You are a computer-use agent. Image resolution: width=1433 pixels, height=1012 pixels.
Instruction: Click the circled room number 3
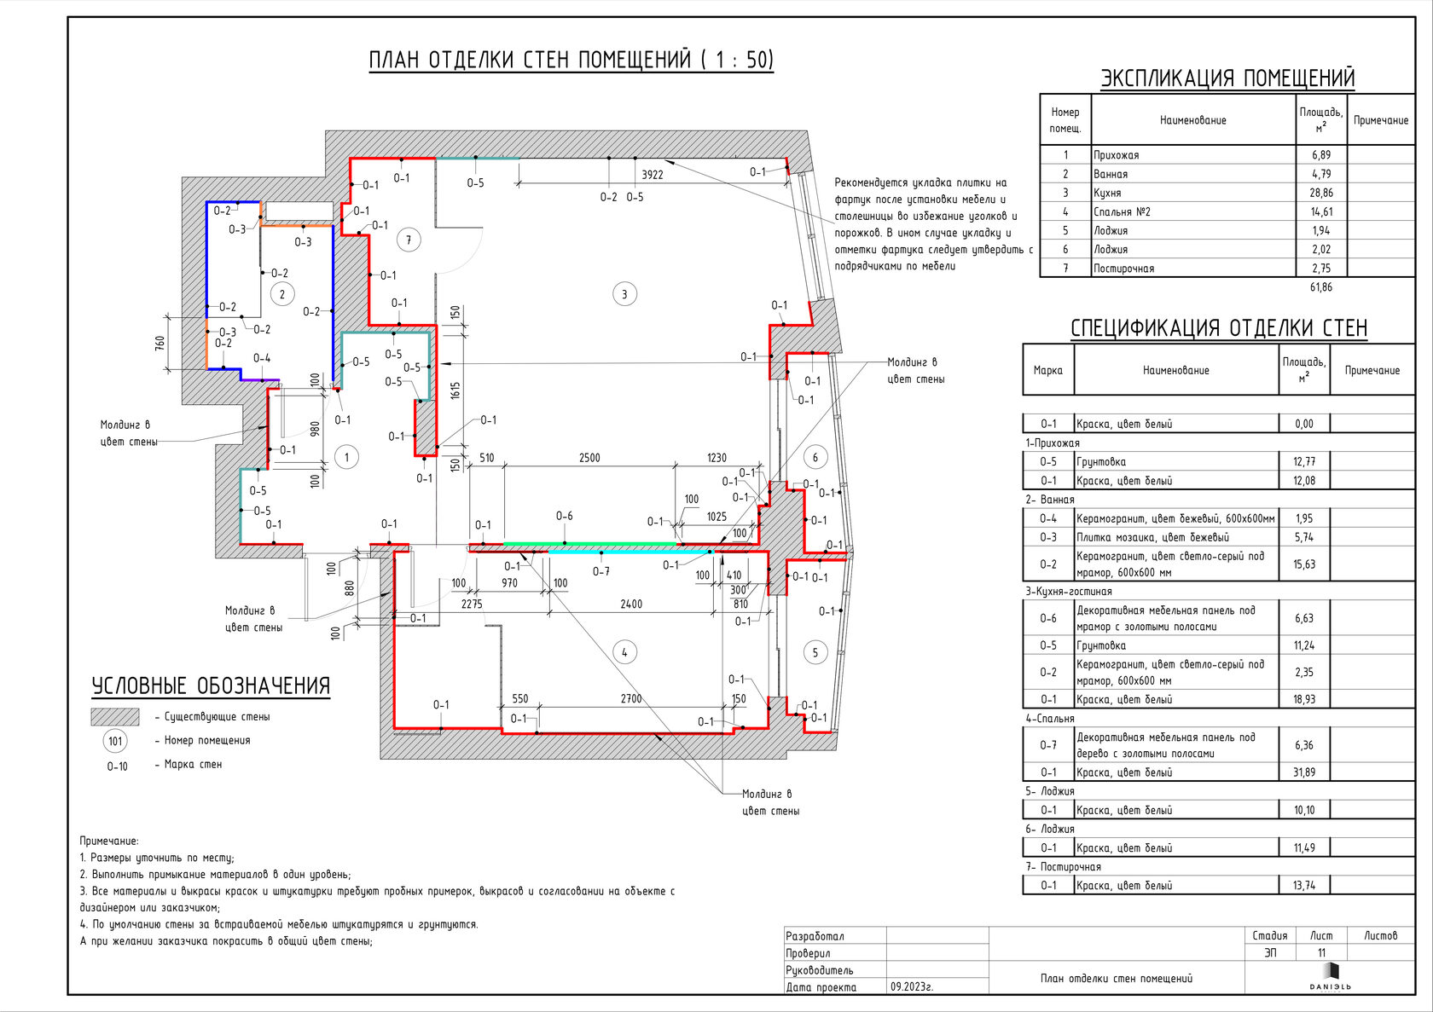coord(624,295)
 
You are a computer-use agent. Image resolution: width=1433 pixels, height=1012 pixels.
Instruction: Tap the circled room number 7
coord(409,240)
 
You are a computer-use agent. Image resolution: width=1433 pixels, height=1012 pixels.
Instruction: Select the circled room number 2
coord(282,295)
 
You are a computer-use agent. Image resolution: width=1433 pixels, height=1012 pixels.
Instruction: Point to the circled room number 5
coord(815,653)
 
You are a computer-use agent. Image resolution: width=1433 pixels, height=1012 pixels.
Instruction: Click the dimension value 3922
coord(653,175)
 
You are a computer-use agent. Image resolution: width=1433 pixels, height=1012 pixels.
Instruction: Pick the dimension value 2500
coord(589,458)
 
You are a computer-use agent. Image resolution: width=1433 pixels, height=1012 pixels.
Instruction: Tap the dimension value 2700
coord(631,699)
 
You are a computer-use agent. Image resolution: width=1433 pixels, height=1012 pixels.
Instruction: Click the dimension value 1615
coord(455,390)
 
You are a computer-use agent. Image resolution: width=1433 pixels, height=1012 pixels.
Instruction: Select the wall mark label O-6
coord(565,516)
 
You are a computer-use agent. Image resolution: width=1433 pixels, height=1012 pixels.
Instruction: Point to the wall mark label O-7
coord(600,571)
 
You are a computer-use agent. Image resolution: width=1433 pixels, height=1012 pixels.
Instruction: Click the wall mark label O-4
coord(262,358)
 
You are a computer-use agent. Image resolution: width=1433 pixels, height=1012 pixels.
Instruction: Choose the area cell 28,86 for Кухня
coord(1321,193)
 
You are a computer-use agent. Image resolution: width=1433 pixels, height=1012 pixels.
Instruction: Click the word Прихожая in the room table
coord(1117,154)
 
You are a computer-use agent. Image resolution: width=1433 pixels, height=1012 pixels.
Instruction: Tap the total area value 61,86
coord(1321,287)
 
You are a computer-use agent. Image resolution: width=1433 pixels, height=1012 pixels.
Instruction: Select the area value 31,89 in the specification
coord(1303,772)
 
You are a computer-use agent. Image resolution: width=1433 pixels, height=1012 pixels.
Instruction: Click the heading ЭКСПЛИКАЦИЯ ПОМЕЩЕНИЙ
coord(1227,78)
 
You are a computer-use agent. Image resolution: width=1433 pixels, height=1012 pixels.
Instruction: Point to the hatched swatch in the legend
coord(115,717)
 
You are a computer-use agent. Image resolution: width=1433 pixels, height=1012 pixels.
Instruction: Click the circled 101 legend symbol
coord(115,742)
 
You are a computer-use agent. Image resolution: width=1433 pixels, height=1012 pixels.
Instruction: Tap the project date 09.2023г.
coord(912,987)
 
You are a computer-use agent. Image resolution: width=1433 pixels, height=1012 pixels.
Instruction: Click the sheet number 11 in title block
coord(1321,953)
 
